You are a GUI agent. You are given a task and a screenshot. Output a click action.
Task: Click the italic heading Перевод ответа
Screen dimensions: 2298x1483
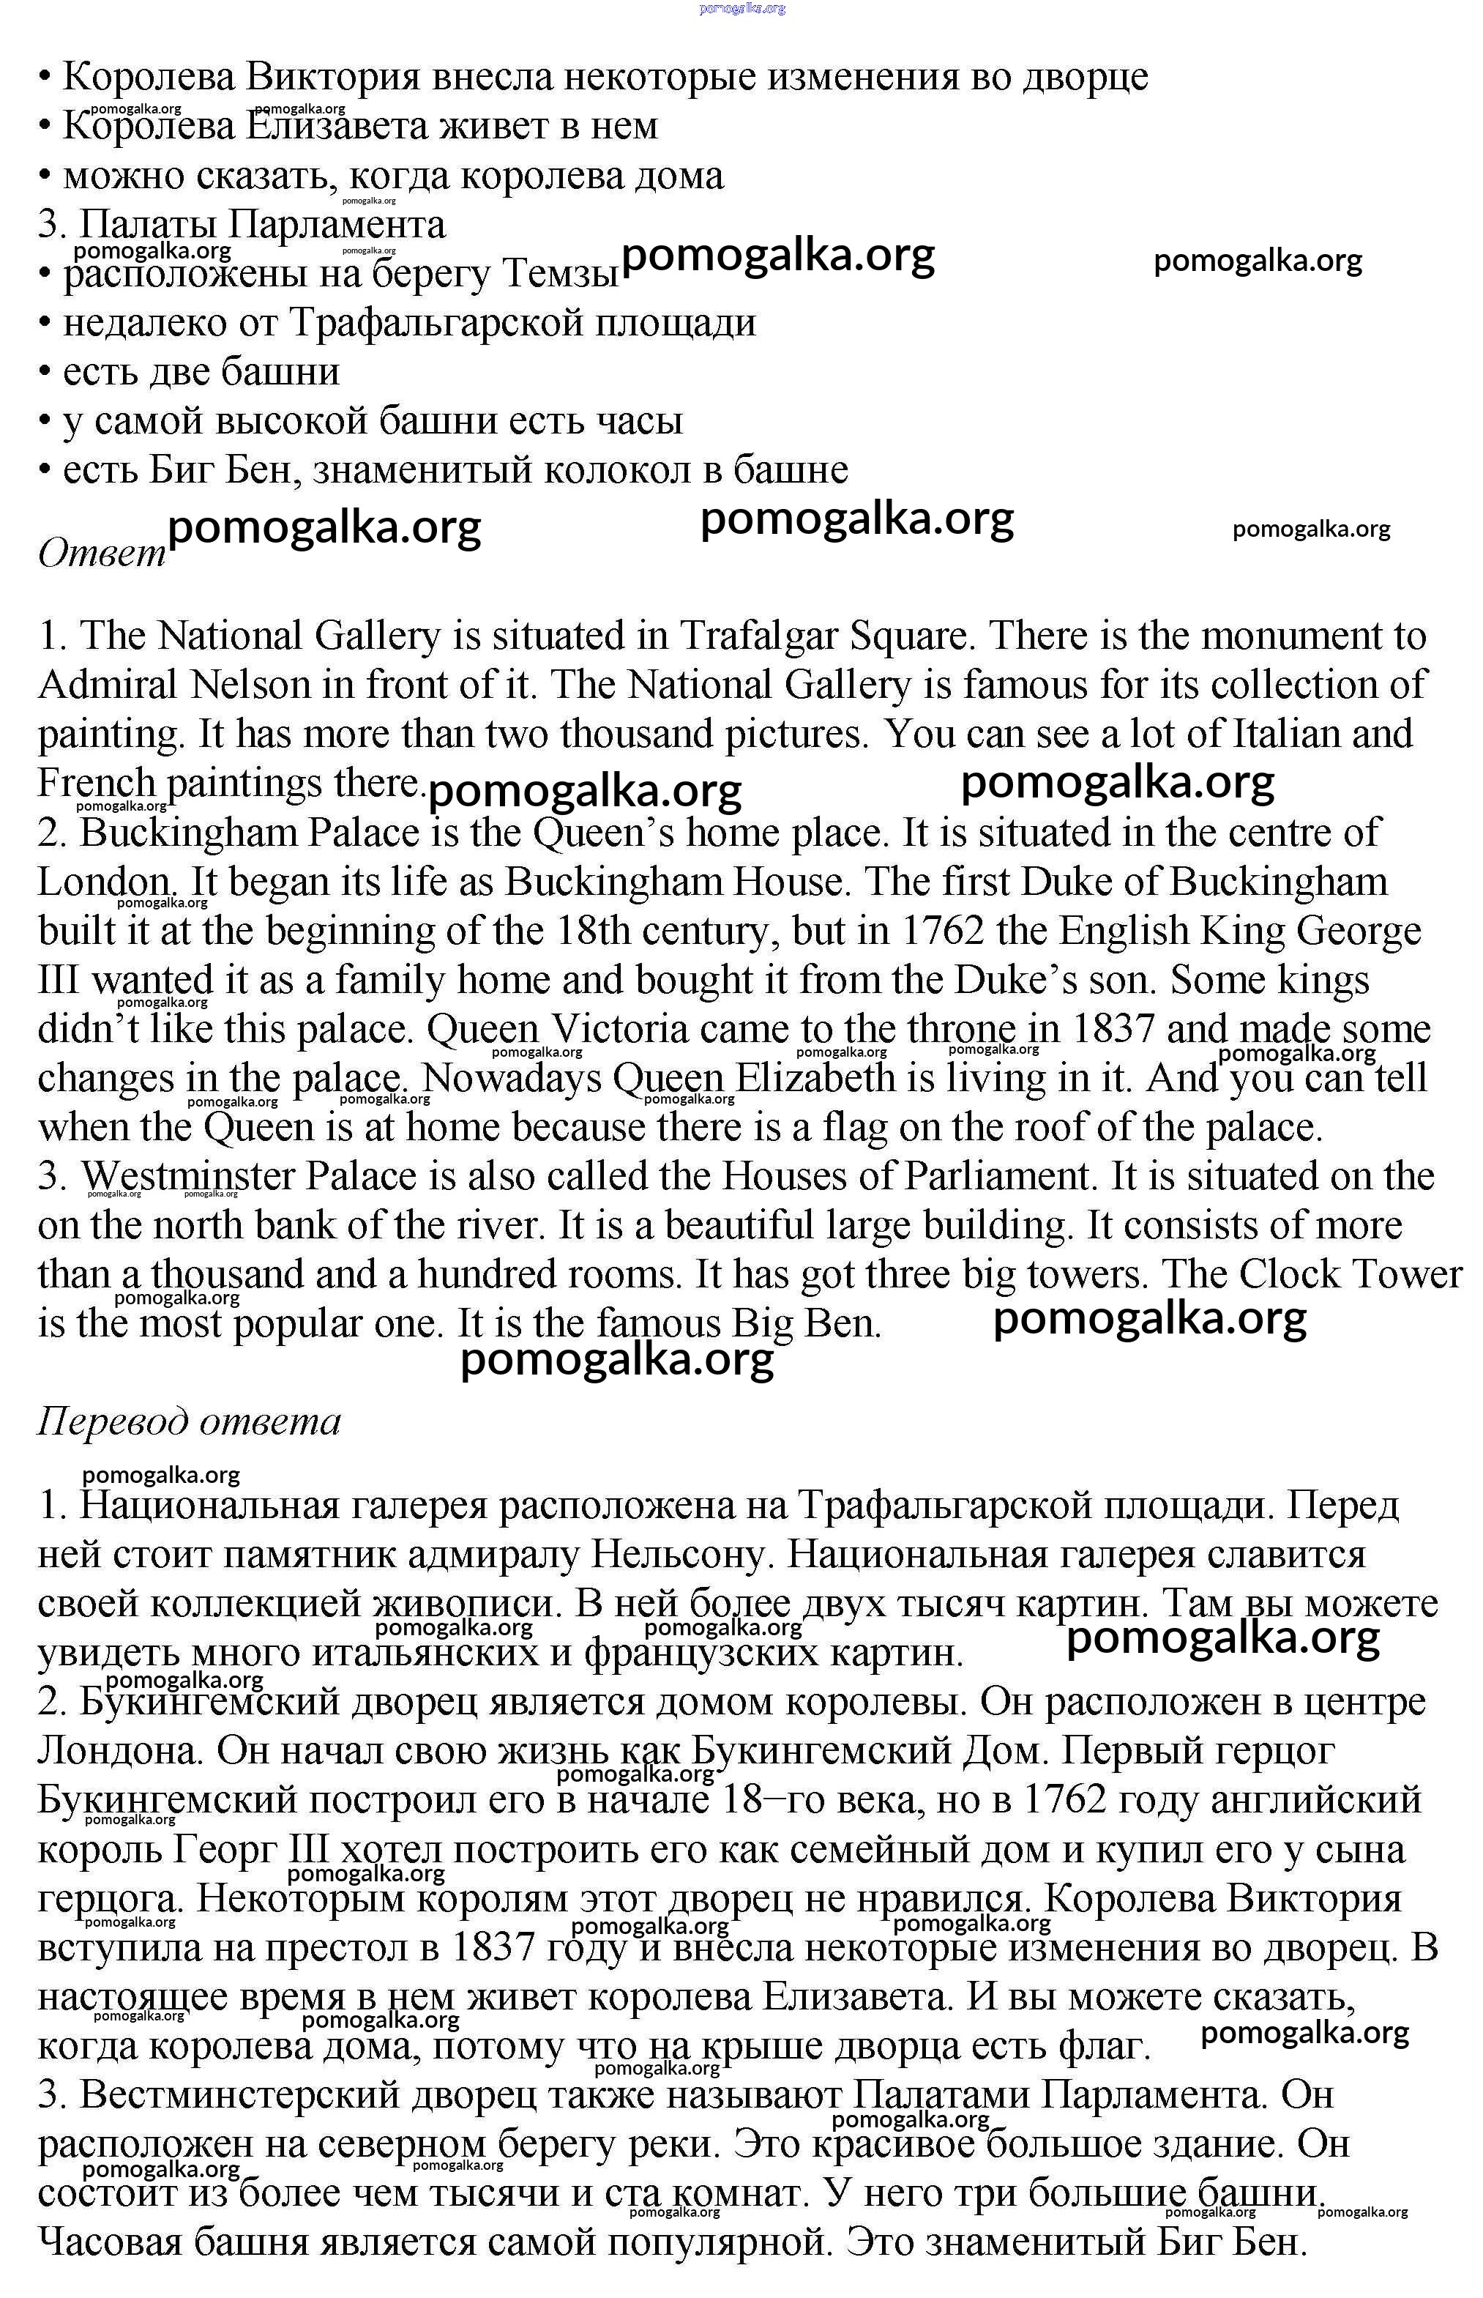[x=189, y=1421]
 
